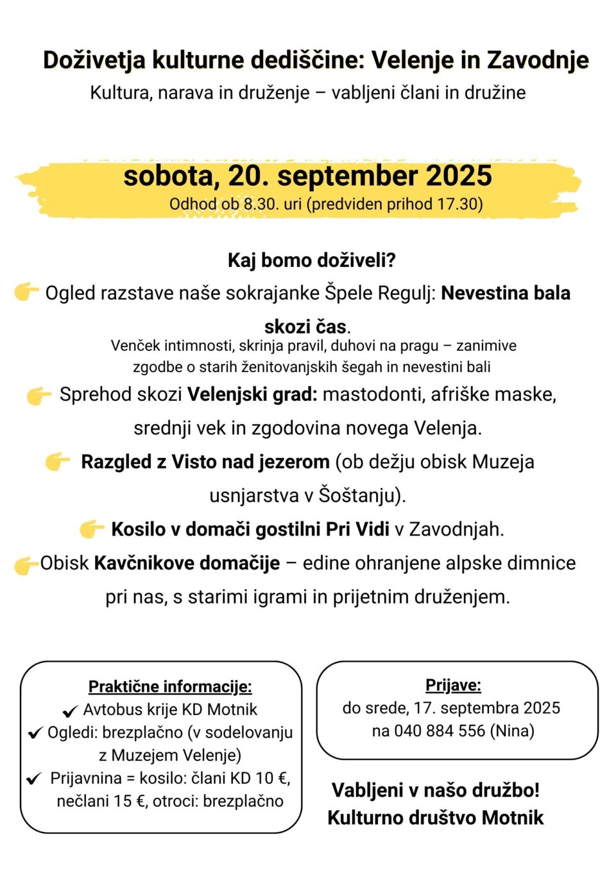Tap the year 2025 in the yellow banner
pyautogui.click(x=458, y=176)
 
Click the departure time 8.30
pyautogui.click(x=261, y=204)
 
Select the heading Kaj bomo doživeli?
pyautogui.click(x=311, y=260)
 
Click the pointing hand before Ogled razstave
pyautogui.click(x=26, y=292)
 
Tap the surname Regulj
pyautogui.click(x=406, y=293)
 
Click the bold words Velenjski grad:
pyautogui.click(x=252, y=394)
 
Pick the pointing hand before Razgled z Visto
pyautogui.click(x=58, y=461)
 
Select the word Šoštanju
pyautogui.click(x=359, y=495)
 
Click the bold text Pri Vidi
pyautogui.click(x=357, y=529)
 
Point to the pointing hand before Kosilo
pyautogui.click(x=92, y=529)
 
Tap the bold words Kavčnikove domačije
pyautogui.click(x=187, y=563)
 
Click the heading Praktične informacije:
pyautogui.click(x=170, y=686)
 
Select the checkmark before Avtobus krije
pyautogui.click(x=70, y=711)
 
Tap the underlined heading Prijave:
pyautogui.click(x=453, y=685)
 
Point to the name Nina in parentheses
pyautogui.click(x=511, y=731)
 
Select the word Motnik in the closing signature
pyautogui.click(x=512, y=818)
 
